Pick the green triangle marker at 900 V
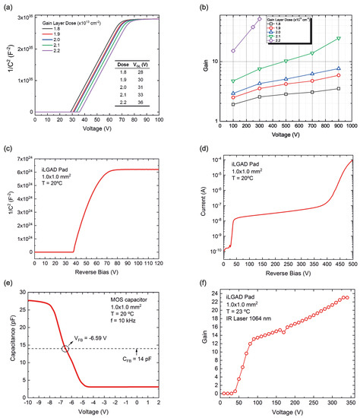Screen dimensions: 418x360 point(337,38)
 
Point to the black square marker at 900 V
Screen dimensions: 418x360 point(337,89)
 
